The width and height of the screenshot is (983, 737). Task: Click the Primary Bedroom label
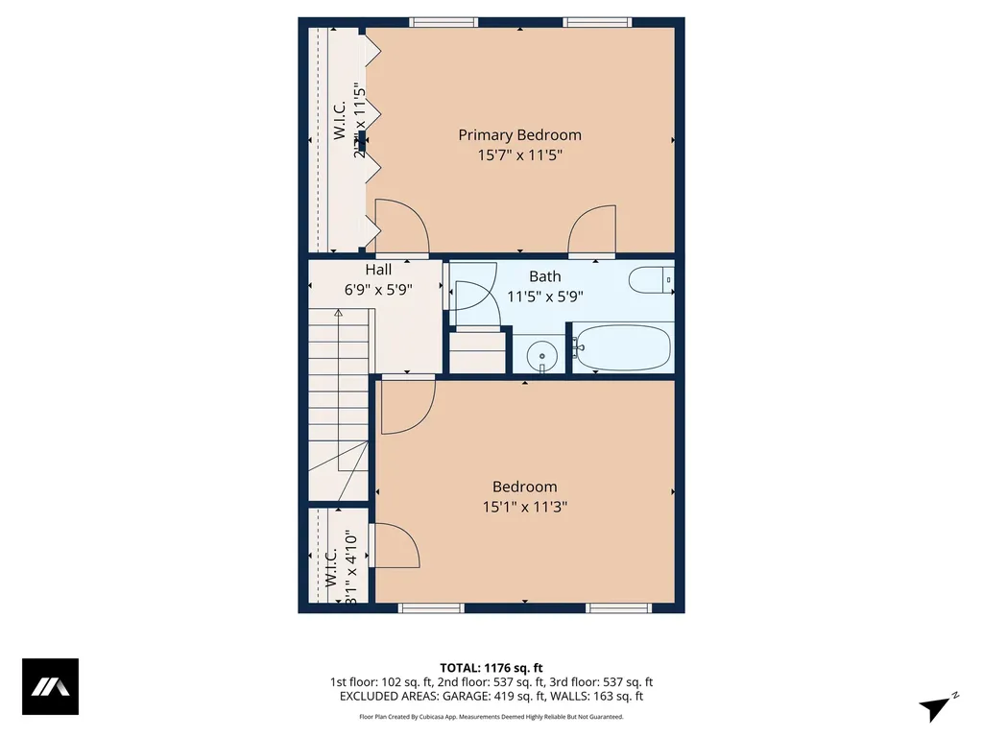pos(519,135)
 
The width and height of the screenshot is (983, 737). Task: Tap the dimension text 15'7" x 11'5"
pos(519,155)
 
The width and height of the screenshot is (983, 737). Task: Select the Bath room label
pos(544,276)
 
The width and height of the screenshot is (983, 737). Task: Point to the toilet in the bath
pos(651,281)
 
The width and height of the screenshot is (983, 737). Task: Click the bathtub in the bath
pos(623,347)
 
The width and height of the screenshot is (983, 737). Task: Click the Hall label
pos(378,271)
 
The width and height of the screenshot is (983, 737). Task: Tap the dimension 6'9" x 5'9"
pos(378,290)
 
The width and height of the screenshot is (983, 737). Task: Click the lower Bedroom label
pos(524,487)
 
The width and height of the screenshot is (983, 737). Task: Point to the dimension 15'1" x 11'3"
pos(524,507)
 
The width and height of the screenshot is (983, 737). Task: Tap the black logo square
pos(50,687)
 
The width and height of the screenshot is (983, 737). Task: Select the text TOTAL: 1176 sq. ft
pos(491,667)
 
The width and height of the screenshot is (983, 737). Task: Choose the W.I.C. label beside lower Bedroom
pos(330,568)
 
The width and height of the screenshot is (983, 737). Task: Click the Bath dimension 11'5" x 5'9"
pos(544,297)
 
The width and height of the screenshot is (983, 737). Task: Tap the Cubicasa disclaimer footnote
pos(491,716)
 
